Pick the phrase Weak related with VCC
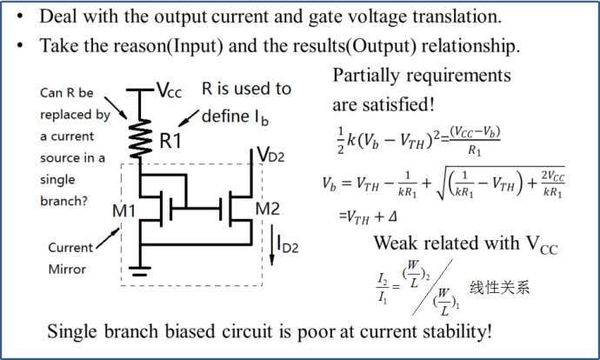click(x=465, y=244)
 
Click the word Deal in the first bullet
click(x=58, y=16)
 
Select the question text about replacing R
click(x=75, y=136)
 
